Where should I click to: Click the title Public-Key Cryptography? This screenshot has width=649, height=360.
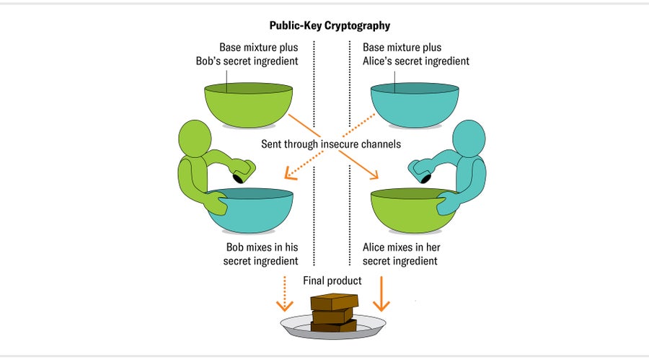330,25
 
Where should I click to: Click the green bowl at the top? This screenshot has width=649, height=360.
249,105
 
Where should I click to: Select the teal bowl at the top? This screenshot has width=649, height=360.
415,105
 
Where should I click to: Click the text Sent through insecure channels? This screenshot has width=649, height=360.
331,144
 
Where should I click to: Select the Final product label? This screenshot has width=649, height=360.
332,280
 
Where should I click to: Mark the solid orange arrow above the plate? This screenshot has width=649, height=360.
381,296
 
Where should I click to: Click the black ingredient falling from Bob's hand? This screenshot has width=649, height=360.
237,178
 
